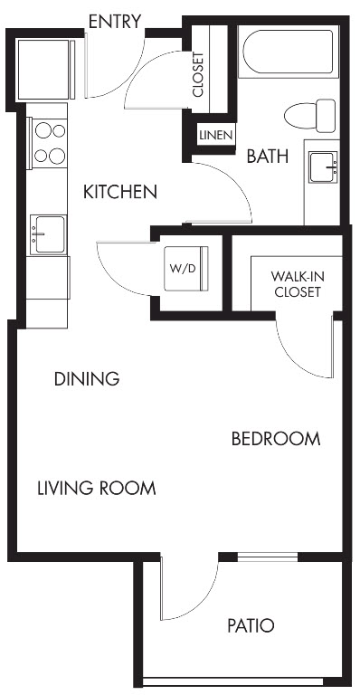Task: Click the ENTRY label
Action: [115, 22]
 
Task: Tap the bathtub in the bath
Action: [288, 52]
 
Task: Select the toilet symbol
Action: [310, 116]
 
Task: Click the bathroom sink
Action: [323, 167]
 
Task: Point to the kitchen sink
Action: [48, 234]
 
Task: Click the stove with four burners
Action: [48, 143]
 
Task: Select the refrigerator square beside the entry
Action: [44, 70]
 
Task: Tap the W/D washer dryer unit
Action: [186, 269]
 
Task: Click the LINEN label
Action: [215, 136]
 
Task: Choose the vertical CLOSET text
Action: [198, 74]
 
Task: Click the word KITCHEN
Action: [120, 192]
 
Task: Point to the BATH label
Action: [268, 156]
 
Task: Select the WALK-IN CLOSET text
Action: [297, 284]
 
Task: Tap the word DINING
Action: [87, 379]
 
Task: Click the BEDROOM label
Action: [276, 439]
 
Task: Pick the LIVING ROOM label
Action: [97, 488]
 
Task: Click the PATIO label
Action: [251, 626]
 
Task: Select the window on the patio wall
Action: [268, 557]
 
